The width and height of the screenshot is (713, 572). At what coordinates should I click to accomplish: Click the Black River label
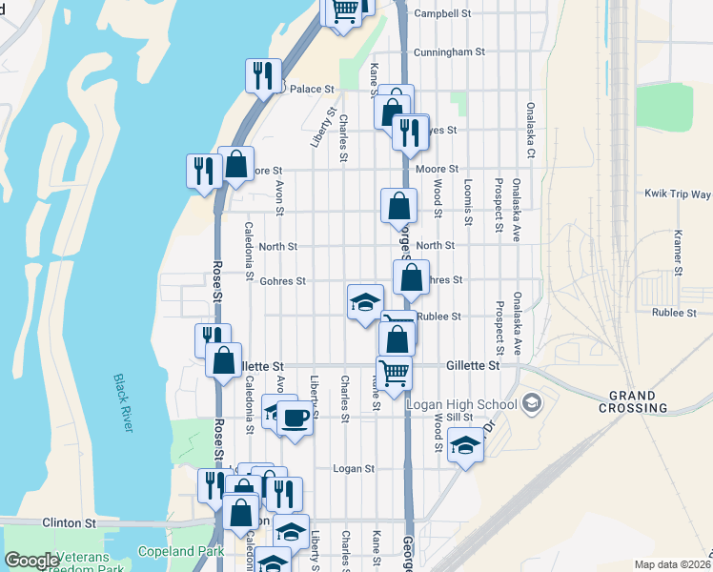pyautogui.click(x=123, y=403)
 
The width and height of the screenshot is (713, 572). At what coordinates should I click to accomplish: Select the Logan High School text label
pyautogui.click(x=461, y=404)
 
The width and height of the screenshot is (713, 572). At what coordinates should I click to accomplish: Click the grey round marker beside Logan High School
pyautogui.click(x=532, y=403)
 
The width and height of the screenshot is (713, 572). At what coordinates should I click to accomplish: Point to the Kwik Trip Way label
pyautogui.click(x=678, y=194)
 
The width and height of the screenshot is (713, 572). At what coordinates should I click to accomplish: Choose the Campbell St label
pyautogui.click(x=443, y=14)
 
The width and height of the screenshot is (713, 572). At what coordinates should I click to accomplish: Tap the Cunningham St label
pyautogui.click(x=449, y=51)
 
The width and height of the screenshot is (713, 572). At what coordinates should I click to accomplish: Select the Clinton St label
pyautogui.click(x=70, y=523)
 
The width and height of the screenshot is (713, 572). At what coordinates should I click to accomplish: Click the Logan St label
pyautogui.click(x=354, y=469)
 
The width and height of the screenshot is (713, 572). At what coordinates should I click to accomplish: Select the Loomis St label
pyautogui.click(x=468, y=203)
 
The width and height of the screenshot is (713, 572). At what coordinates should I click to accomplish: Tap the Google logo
pyautogui.click(x=31, y=562)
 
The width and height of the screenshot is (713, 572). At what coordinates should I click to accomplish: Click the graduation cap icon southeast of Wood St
pyautogui.click(x=465, y=446)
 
